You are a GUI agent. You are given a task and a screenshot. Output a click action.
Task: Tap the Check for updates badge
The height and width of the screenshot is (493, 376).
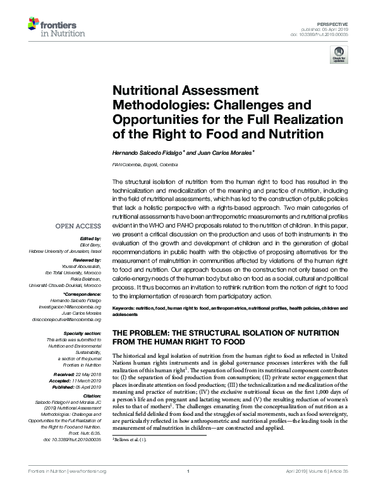[x=339, y=57]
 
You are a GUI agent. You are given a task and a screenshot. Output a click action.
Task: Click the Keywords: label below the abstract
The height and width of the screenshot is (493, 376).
[x=124, y=307]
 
